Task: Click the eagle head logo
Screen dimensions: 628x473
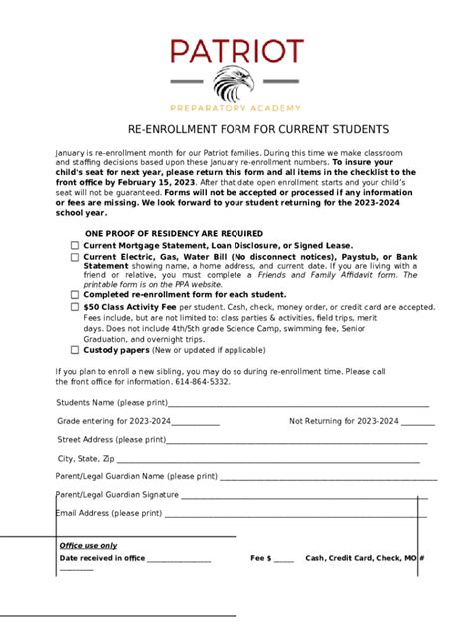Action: [x=236, y=84]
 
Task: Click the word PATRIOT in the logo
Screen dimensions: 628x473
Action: [x=236, y=51]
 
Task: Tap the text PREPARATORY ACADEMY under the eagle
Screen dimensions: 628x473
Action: [x=236, y=108]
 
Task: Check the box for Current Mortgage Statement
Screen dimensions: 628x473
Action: [x=75, y=244]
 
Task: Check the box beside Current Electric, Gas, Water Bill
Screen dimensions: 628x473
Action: [x=75, y=257]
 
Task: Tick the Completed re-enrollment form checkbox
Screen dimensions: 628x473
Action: [x=75, y=295]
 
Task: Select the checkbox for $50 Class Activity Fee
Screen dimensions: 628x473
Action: [x=75, y=308]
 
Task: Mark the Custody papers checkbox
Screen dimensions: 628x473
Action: [x=75, y=350]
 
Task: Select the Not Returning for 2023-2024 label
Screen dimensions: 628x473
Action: [x=344, y=421]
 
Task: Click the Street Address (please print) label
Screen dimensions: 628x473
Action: [x=111, y=439]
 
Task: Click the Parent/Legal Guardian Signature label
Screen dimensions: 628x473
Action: [x=118, y=494]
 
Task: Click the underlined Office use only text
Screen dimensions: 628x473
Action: [x=88, y=546]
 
